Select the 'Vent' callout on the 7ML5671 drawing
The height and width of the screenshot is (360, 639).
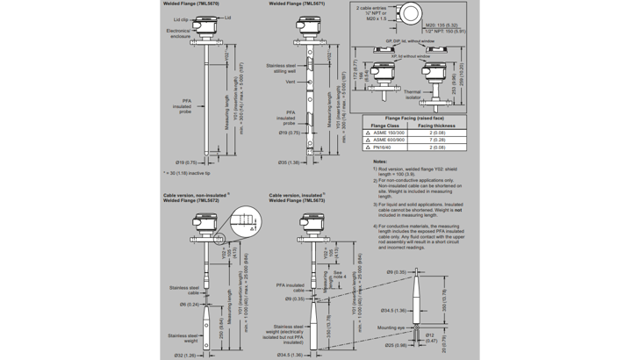pos(290,82)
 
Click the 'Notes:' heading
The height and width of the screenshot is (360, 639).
pos(380,162)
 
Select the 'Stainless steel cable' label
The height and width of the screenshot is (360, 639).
pos(185,289)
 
